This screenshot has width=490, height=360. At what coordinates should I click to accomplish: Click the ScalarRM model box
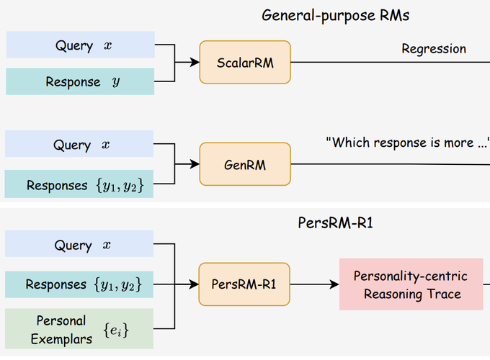pos(245,62)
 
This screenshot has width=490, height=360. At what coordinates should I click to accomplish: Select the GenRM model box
pos(245,164)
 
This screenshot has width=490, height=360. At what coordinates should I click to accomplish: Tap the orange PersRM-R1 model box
pos(244,284)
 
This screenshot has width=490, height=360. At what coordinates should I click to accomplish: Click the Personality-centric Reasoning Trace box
pos(411,284)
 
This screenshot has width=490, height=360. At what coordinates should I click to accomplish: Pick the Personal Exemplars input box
pos(79,329)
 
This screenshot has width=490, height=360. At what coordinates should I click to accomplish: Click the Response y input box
pos(80,81)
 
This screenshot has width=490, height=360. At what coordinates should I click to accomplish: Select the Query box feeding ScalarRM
pos(81,45)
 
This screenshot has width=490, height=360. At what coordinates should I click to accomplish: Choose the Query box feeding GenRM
pos(79,143)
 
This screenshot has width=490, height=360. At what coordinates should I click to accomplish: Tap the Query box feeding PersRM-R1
pos(79,243)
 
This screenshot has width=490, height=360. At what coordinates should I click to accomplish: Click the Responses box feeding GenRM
pos(79,184)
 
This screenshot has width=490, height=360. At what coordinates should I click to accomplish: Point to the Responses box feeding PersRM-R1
pos(79,284)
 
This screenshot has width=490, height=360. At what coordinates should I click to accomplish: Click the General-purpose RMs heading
pos(335,16)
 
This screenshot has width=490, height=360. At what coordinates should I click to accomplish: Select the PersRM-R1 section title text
pos(335,223)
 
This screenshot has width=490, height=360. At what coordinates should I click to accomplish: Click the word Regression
pos(434,49)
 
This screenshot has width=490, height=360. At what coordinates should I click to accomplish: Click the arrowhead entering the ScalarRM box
pos(195,62)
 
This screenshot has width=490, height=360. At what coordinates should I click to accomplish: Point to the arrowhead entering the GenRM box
pos(195,164)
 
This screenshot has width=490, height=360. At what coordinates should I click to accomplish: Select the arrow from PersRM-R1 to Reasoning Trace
pos(315,284)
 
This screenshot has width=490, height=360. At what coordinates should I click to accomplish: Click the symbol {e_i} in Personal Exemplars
pos(116,330)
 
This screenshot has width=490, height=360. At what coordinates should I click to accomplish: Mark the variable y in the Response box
pos(116,82)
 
